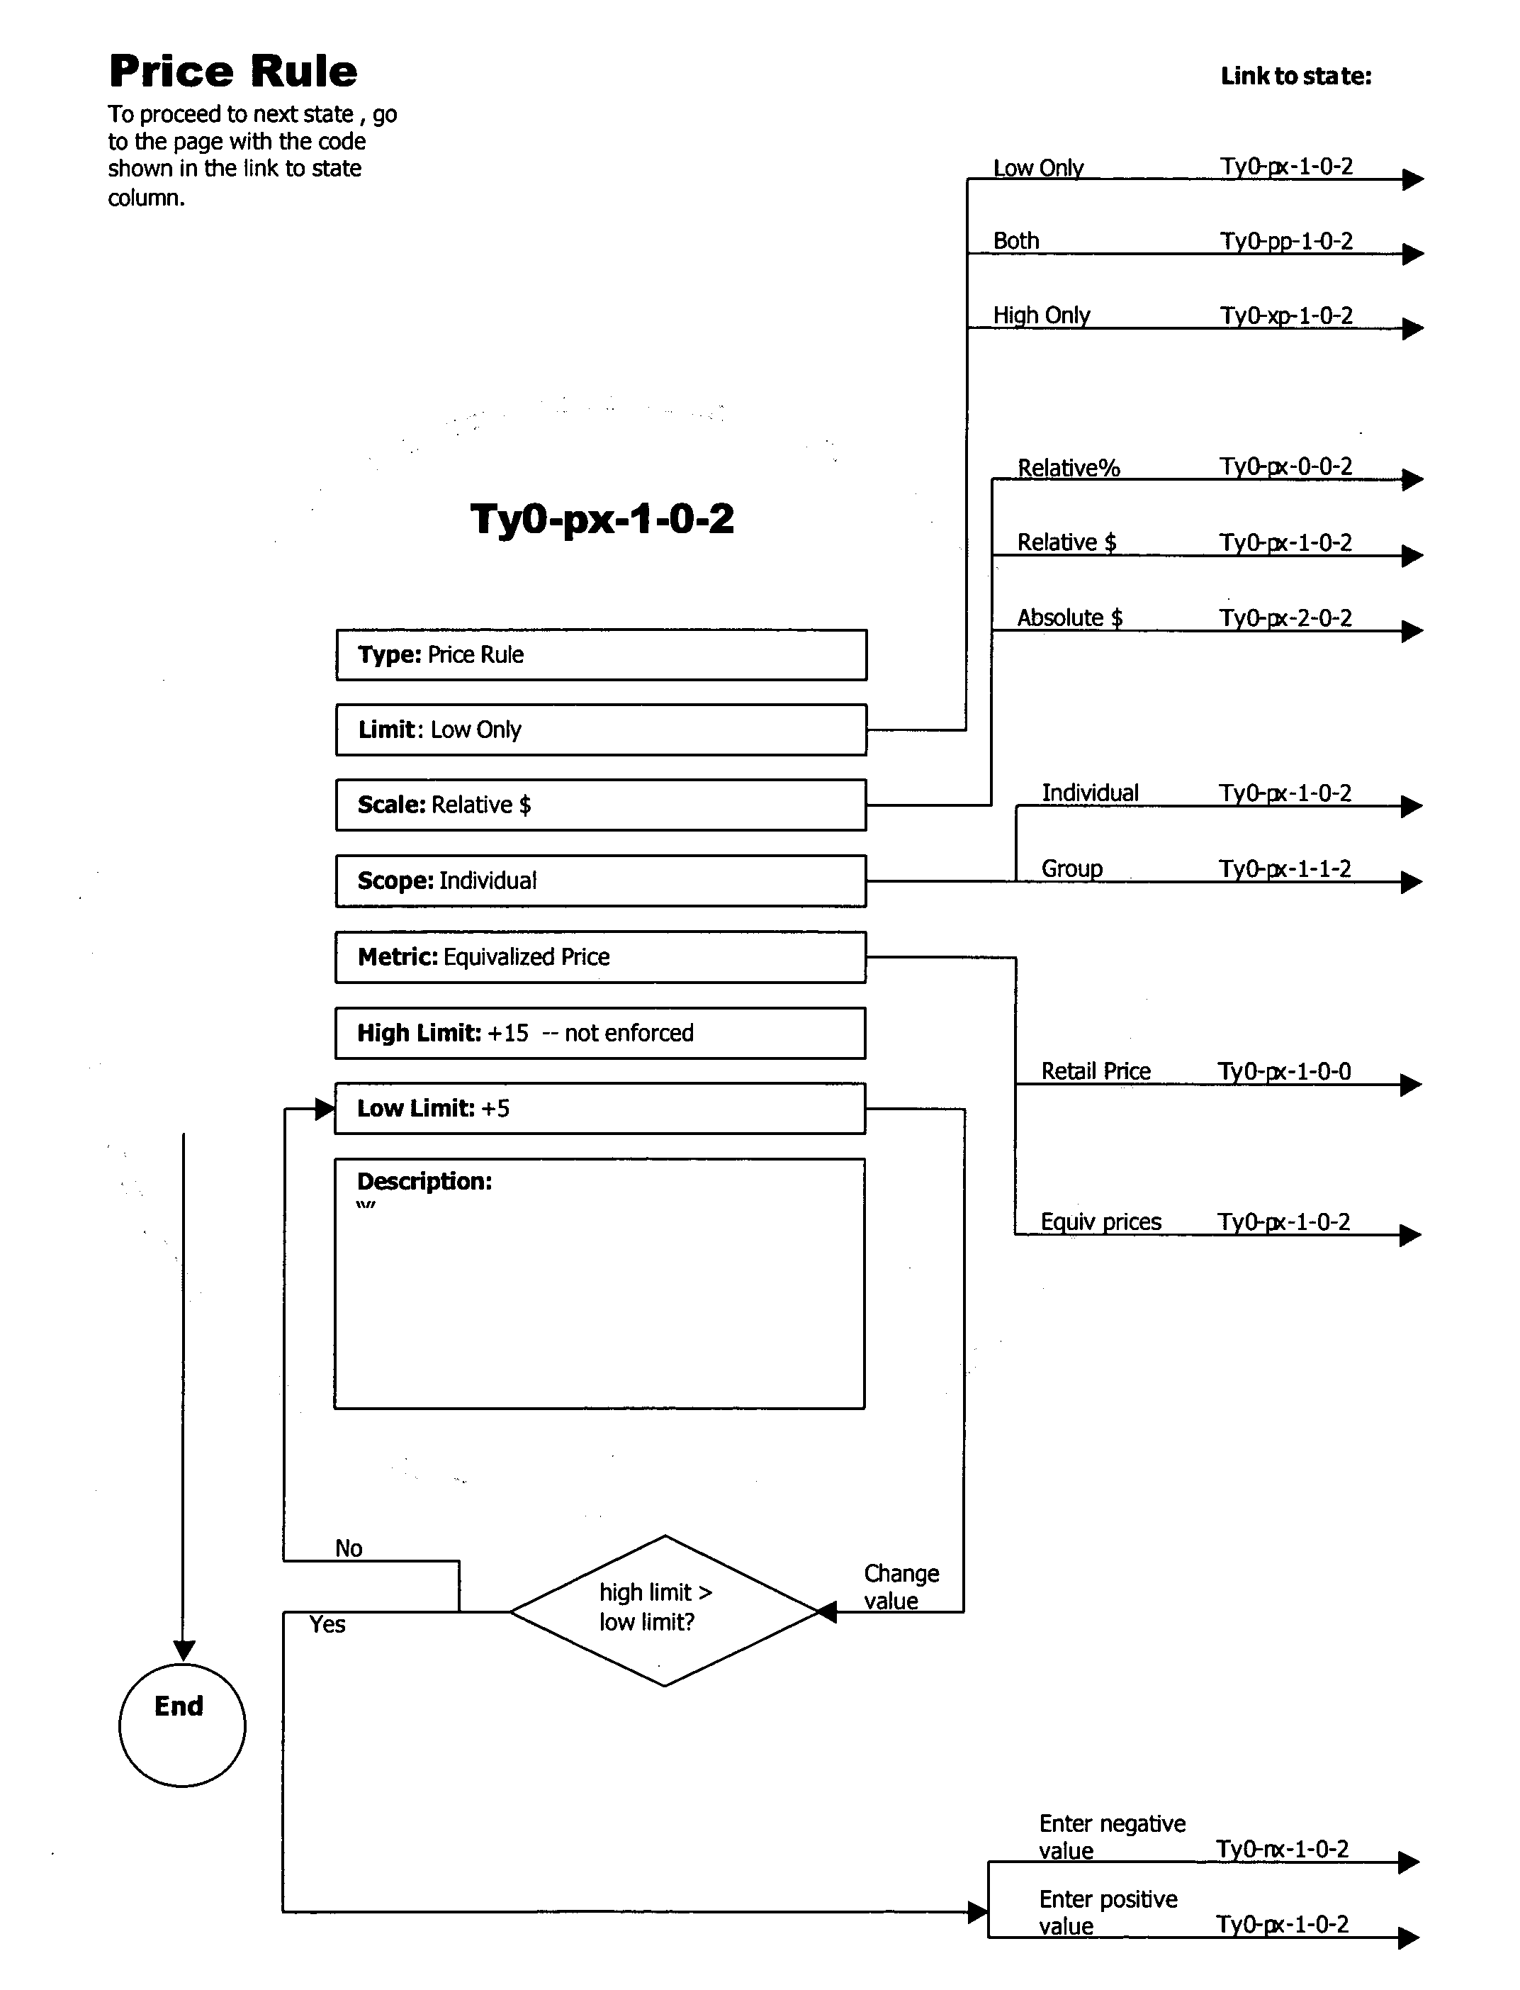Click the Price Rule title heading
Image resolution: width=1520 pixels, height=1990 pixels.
click(232, 72)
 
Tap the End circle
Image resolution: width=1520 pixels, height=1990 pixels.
click(182, 1724)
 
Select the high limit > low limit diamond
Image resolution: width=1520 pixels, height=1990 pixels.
click(663, 1611)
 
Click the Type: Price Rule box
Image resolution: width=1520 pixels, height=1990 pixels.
click(601, 654)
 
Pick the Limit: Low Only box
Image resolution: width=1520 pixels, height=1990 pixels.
click(601, 730)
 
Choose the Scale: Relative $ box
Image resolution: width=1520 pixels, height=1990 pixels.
click(601, 805)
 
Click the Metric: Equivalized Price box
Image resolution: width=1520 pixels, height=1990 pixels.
click(601, 956)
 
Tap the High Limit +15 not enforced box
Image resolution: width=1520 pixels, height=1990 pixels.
click(601, 1032)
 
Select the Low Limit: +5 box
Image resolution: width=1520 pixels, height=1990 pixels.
click(601, 1107)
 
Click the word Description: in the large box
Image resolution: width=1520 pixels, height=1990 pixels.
click(424, 1181)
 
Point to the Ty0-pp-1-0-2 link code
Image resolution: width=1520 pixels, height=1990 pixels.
click(1285, 242)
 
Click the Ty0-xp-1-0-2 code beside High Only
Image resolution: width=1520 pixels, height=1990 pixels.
click(1285, 315)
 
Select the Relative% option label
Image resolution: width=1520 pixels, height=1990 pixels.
click(1069, 468)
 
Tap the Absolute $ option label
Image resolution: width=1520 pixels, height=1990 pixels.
click(1069, 617)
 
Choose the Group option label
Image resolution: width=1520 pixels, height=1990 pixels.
click(1071, 868)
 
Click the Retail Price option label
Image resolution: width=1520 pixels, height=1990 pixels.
click(1096, 1071)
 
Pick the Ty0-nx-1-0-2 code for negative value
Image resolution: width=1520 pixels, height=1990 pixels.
click(1282, 1848)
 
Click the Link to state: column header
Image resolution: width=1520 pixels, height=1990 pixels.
click(1295, 76)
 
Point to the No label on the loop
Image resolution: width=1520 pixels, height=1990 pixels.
click(349, 1548)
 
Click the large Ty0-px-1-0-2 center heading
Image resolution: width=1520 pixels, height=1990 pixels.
click(602, 518)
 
